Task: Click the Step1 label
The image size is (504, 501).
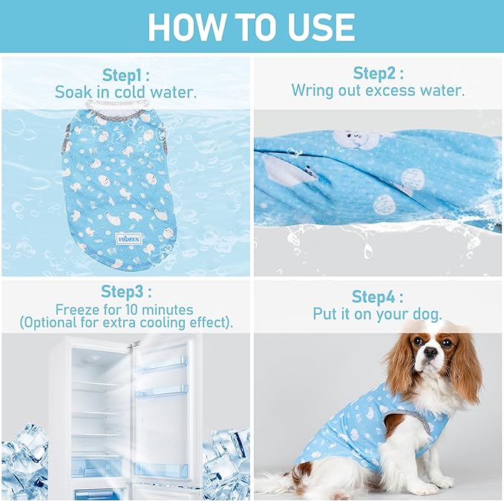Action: point(125,74)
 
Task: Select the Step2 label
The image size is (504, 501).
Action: point(378,73)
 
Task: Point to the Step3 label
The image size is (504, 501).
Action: point(125,292)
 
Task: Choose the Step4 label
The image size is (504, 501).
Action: point(378,297)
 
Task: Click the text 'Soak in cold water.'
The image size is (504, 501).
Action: point(125,93)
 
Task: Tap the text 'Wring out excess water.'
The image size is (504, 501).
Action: point(378,91)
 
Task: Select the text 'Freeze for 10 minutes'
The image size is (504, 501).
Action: point(125,310)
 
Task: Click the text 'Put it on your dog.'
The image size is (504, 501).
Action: point(378,314)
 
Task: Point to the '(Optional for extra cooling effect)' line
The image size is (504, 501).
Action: point(125,323)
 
